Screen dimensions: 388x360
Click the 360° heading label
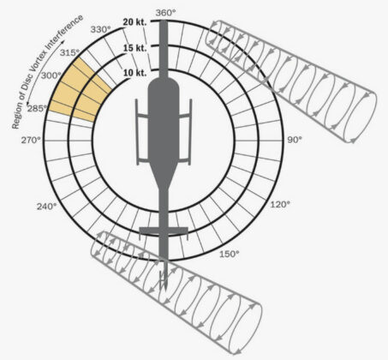pos(165,13)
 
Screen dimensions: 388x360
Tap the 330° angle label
pos(100,29)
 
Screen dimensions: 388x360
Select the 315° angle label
pos(69,52)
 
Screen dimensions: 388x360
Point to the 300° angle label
pos(51,75)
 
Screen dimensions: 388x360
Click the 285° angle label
pos(37,108)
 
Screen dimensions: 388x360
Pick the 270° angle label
pos(31,140)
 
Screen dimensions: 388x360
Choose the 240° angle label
pos(46,206)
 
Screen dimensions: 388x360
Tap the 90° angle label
pos(295,140)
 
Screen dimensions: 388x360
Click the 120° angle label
pos(280,204)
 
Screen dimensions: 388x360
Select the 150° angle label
pos(230,254)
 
